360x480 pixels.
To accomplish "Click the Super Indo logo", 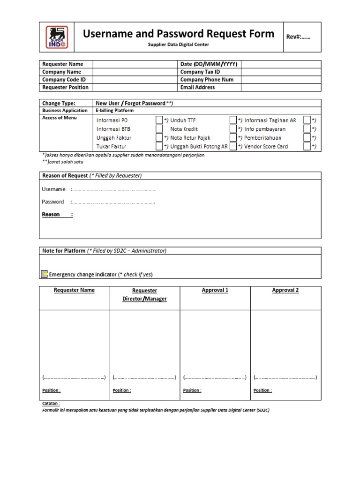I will tap(56, 37).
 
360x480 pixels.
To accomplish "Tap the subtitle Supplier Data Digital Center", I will tap(179, 45).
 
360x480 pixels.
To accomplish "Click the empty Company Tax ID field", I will tap(281, 72).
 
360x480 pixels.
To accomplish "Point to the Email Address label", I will tap(197, 87).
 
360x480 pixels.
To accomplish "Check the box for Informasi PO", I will tap(159, 120).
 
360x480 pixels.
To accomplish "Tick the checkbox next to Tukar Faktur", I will tap(159, 146).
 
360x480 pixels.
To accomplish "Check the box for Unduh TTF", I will tap(233, 120).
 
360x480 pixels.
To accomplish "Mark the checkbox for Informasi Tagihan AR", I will tap(307, 120).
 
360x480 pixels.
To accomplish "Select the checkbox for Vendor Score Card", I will tap(307, 146).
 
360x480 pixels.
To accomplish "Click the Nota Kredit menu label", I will tap(184, 129).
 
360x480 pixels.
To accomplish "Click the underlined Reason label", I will tap(51, 215).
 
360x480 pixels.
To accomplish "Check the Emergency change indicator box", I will tap(44, 274).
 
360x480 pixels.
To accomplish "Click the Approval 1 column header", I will tap(215, 290).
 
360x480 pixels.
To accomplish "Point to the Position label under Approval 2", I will tap(262, 390).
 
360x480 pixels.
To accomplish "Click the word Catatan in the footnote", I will tap(51, 403).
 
